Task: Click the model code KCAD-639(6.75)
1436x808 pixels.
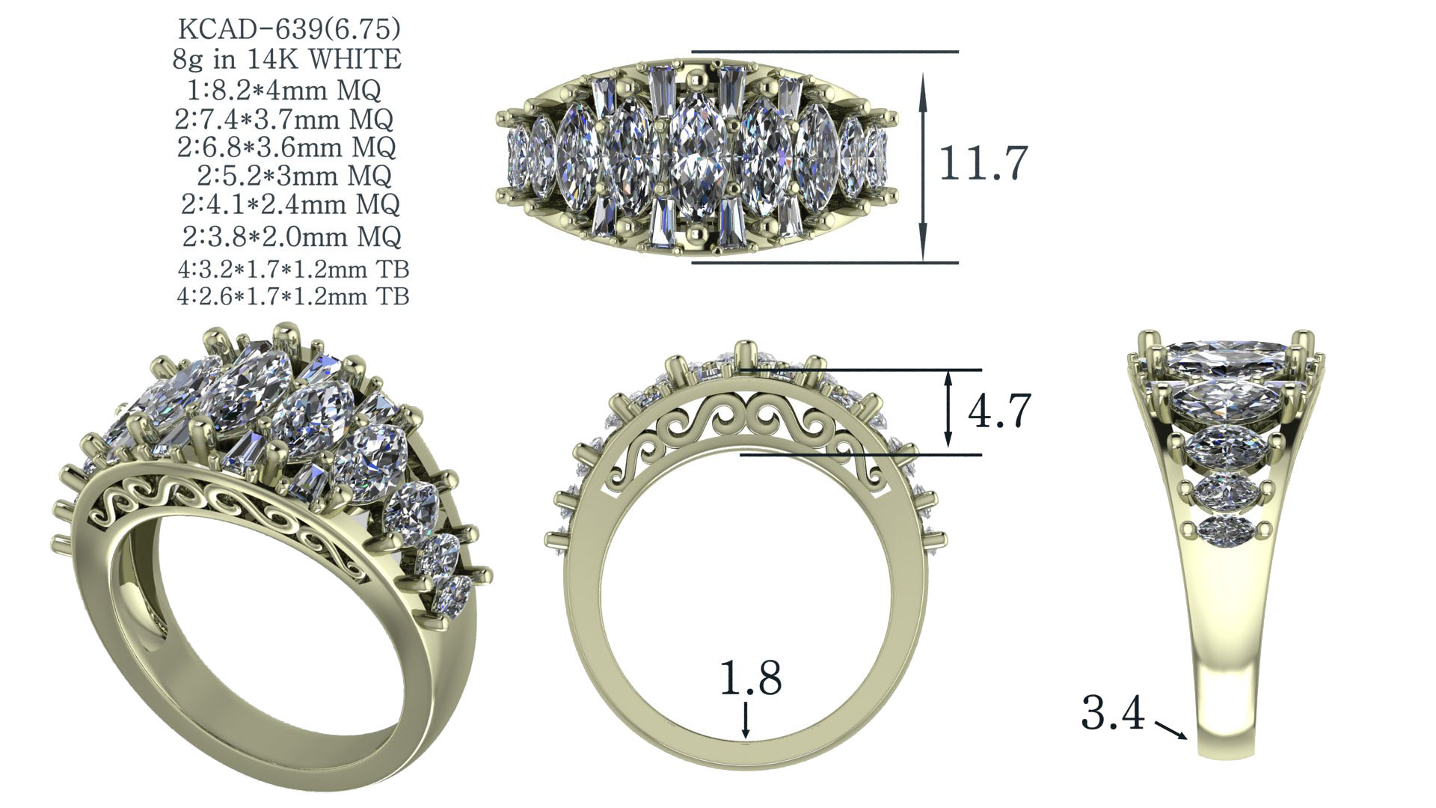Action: (289, 30)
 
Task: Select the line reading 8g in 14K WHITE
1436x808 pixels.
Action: (287, 60)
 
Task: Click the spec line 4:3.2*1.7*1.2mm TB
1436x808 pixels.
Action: (293, 269)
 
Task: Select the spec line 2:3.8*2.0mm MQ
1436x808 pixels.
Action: (292, 237)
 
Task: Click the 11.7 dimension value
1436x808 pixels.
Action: (984, 163)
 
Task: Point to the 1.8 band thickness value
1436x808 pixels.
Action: (750, 679)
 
